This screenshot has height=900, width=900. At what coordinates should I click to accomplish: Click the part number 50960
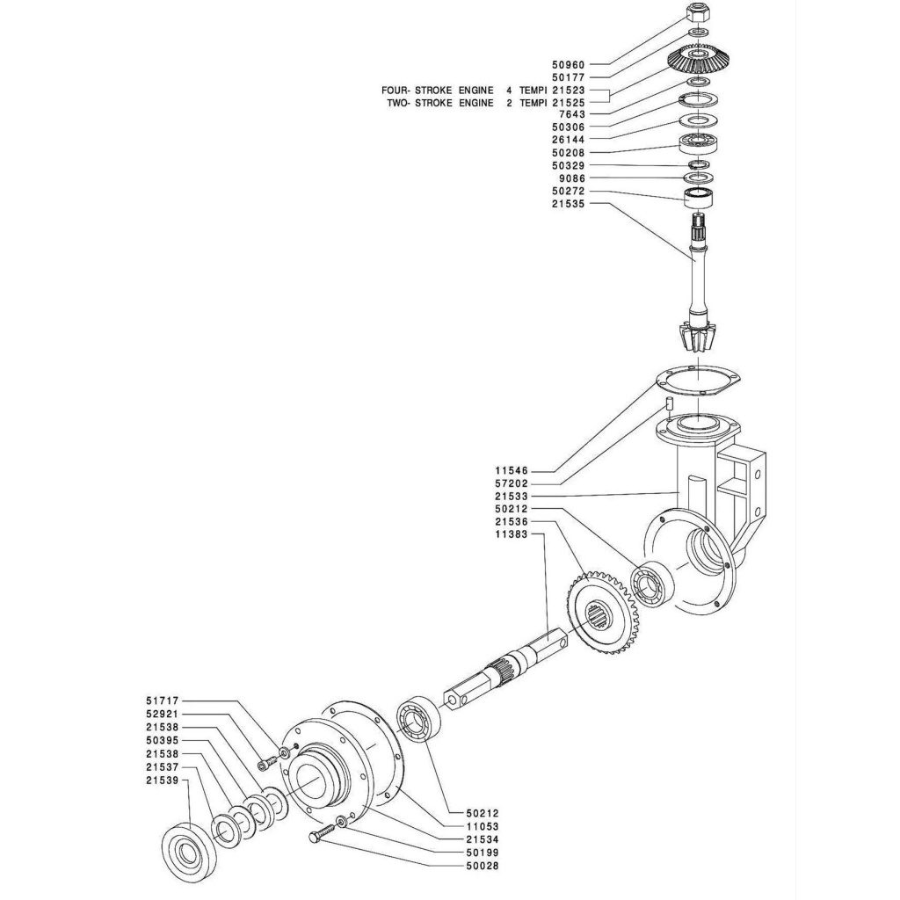pyautogui.click(x=568, y=65)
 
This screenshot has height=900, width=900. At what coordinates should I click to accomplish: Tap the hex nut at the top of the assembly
pyautogui.click(x=697, y=11)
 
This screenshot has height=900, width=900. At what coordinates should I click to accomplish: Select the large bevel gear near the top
pyautogui.click(x=699, y=59)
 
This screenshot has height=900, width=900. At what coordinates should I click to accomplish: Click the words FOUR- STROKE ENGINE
pyautogui.click(x=438, y=91)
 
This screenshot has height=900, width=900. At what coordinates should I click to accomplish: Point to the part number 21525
pyautogui.click(x=568, y=103)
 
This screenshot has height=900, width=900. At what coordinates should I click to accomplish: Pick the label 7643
pyautogui.click(x=571, y=115)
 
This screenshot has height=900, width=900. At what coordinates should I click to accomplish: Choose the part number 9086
pyautogui.click(x=571, y=178)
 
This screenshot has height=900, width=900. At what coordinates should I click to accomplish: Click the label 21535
pyautogui.click(x=568, y=203)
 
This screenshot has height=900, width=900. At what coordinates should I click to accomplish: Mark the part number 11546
pyautogui.click(x=511, y=471)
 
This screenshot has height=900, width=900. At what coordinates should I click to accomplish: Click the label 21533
pyautogui.click(x=511, y=497)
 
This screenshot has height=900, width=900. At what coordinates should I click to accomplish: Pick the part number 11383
pyautogui.click(x=511, y=534)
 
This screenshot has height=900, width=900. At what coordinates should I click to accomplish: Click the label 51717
pyautogui.click(x=163, y=700)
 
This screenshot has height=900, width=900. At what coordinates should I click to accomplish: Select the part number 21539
pyautogui.click(x=163, y=780)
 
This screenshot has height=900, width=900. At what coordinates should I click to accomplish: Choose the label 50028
pyautogui.click(x=483, y=866)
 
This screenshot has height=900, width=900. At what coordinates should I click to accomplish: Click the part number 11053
pyautogui.click(x=483, y=826)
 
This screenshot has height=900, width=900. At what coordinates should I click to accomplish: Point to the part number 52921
pyautogui.click(x=163, y=714)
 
